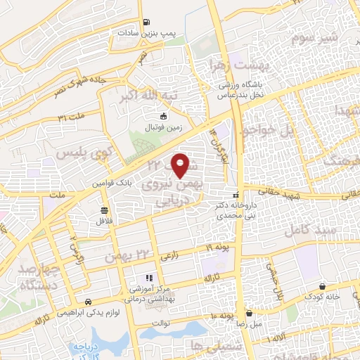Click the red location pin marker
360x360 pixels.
click(x=181, y=165)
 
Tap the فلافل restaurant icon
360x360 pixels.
click(x=104, y=210)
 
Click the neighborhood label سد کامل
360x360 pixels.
click(x=308, y=231)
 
